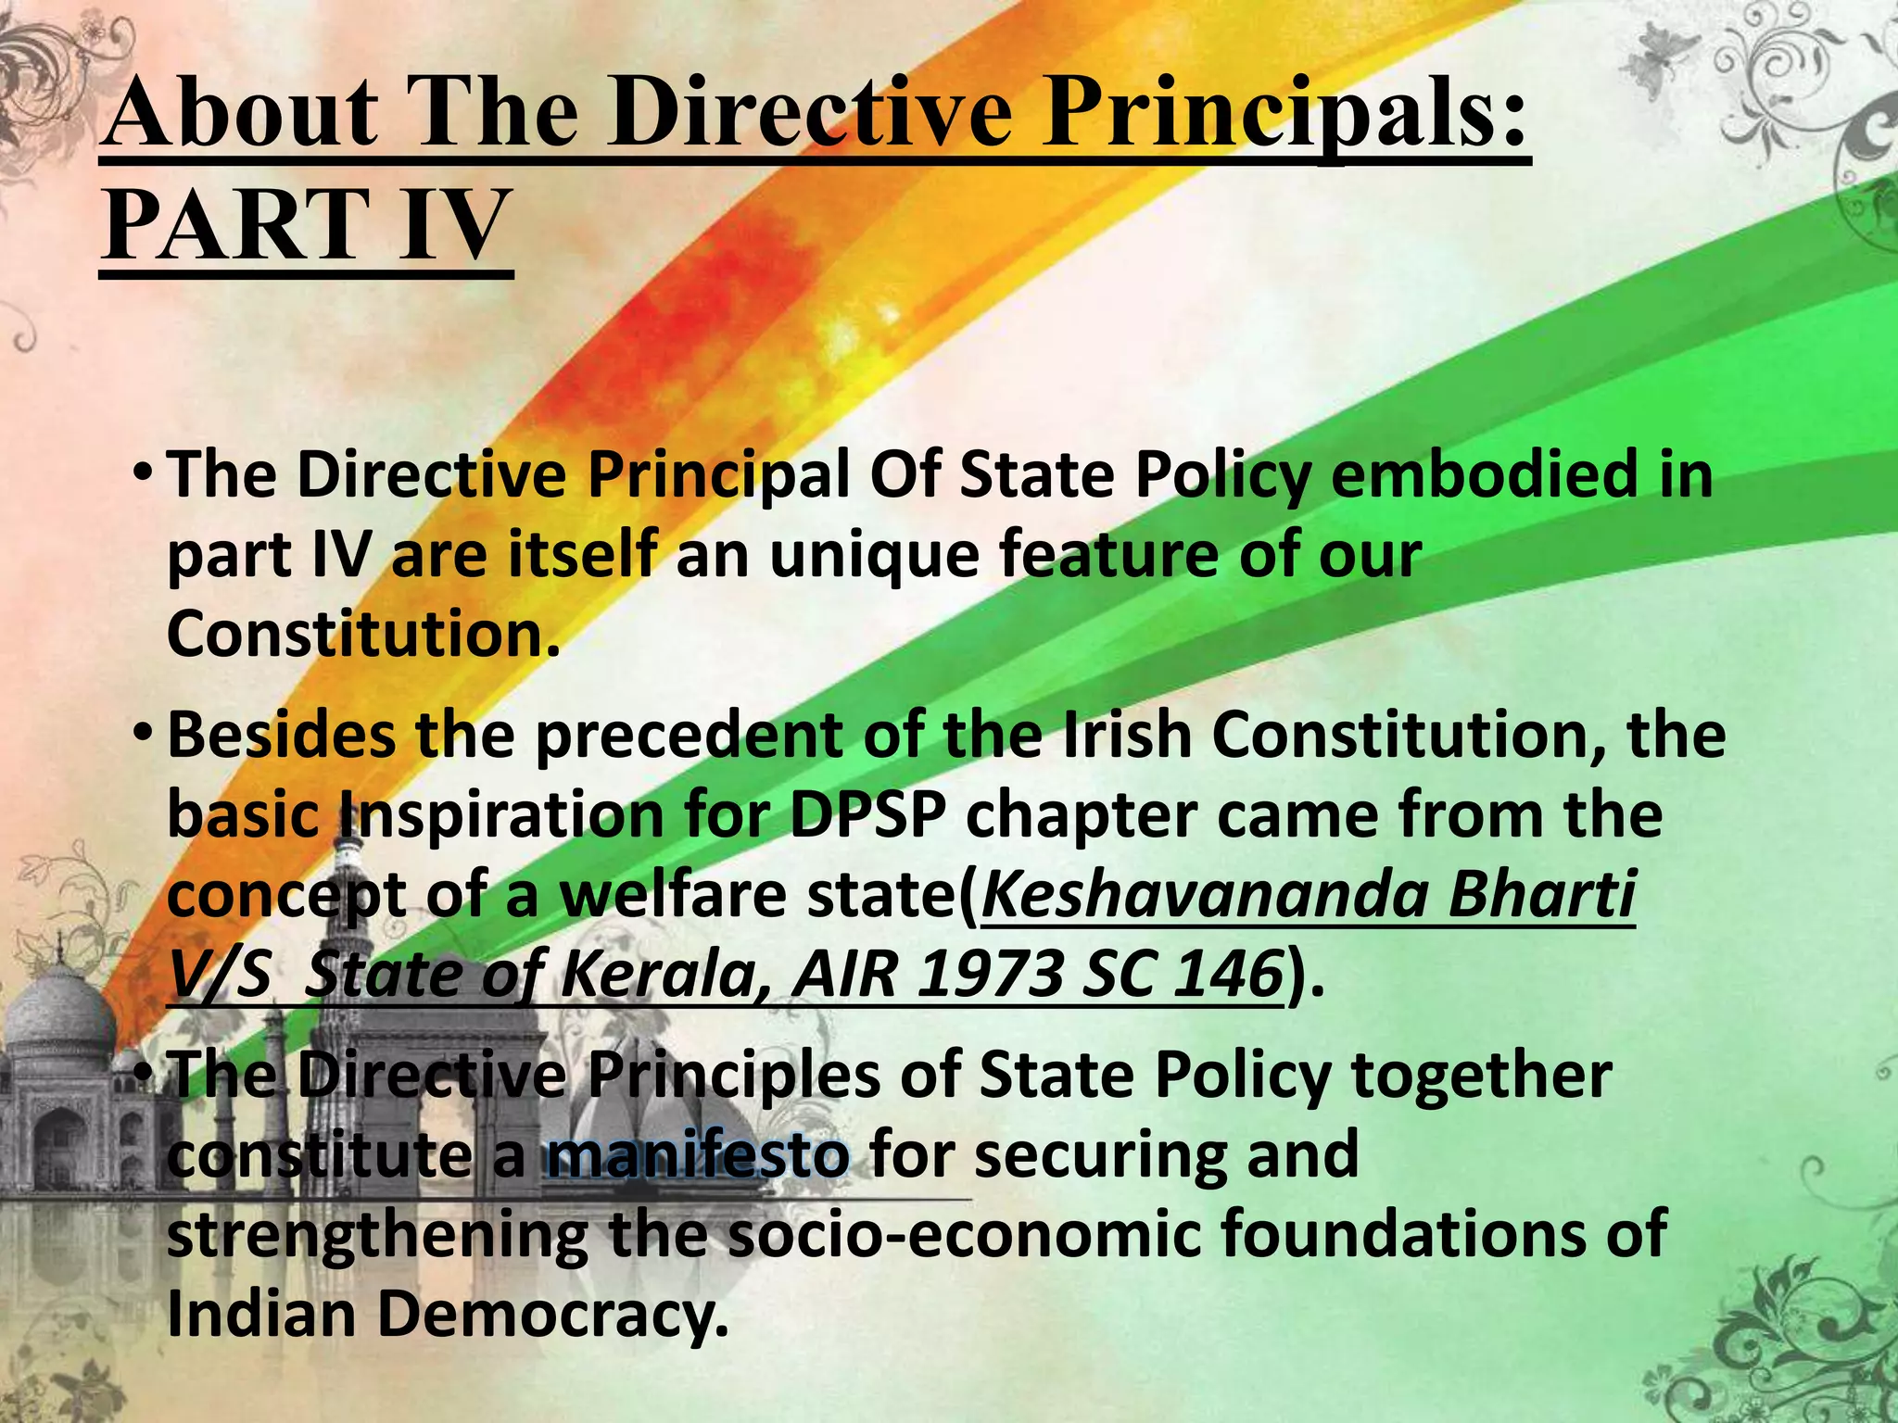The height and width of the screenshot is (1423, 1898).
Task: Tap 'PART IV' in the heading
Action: coord(306,225)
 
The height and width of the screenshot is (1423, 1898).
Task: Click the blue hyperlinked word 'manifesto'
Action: coord(697,1155)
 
